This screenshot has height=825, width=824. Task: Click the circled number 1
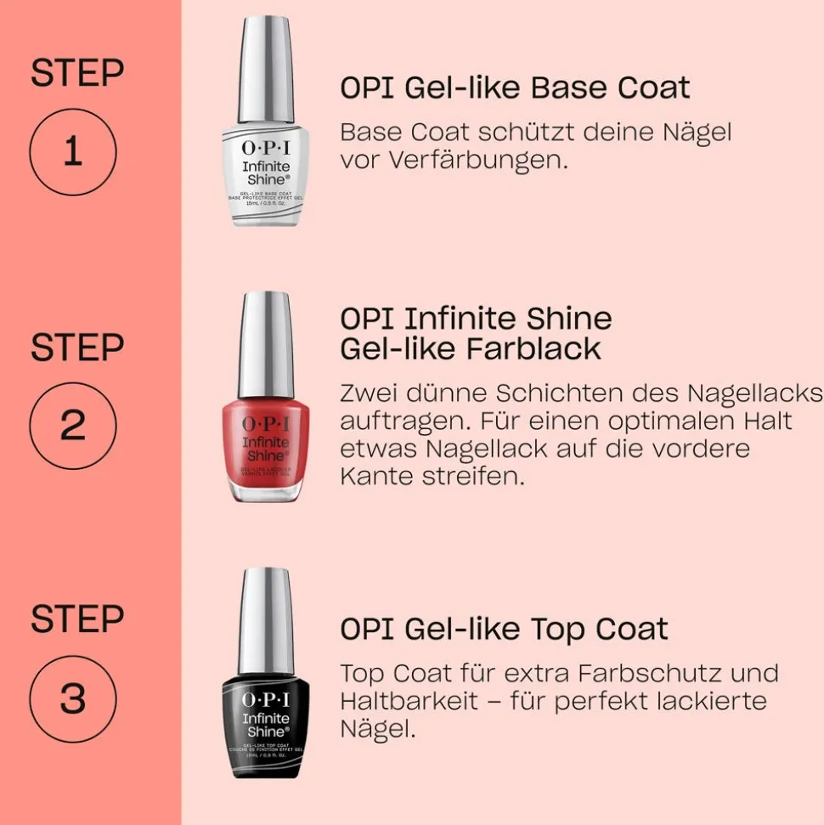[72, 153]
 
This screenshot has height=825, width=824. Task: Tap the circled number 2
[72, 426]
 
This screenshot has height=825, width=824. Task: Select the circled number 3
[72, 698]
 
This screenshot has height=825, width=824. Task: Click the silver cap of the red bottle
[266, 344]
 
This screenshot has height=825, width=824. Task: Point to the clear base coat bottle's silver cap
[266, 70]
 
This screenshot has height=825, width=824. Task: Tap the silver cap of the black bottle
[266, 620]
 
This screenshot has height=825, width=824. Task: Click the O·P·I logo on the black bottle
[266, 699]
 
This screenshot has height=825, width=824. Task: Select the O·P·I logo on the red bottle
[266, 422]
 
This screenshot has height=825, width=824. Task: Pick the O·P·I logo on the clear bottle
[266, 148]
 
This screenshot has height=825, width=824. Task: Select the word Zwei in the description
[370, 393]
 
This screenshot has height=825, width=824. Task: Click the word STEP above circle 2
[76, 348]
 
